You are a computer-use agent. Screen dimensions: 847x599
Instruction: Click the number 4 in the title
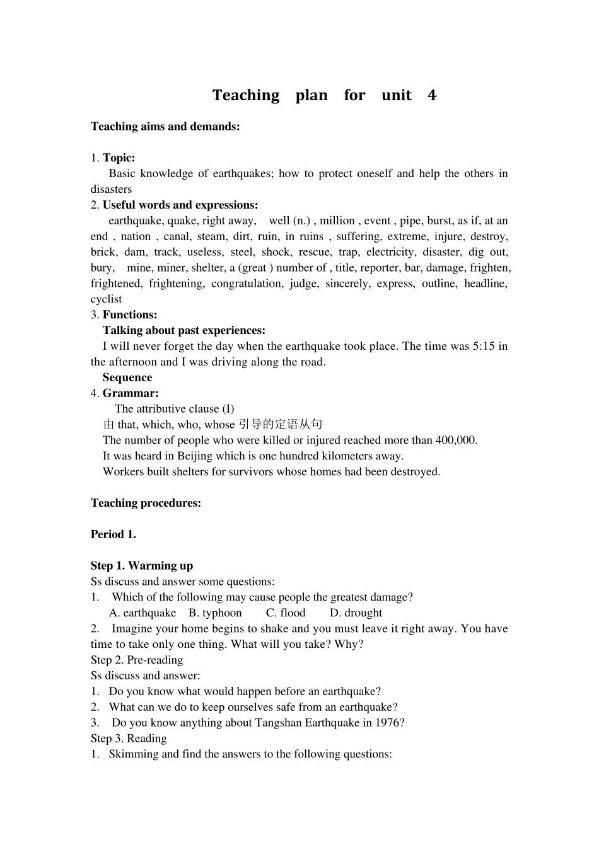coord(431,95)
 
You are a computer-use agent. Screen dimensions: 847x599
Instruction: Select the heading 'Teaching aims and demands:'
coord(165,126)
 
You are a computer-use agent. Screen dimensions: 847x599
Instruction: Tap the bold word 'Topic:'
coord(119,158)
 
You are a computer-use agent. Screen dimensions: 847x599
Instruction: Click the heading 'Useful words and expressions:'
coord(180,205)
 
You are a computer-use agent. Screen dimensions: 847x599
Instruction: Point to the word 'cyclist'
coord(107,299)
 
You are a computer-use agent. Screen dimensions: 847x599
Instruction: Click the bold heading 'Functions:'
coord(130,314)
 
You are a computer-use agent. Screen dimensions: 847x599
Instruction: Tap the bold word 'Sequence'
coord(127,377)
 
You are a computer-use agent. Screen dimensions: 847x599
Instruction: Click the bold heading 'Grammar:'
coord(131,393)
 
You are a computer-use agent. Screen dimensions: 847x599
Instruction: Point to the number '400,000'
coord(456,440)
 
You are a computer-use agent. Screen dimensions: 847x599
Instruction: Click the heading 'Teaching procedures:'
coord(146,503)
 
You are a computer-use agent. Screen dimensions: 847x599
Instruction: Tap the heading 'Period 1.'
coord(113,534)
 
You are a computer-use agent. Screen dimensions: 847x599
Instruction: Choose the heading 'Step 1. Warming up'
coord(142,565)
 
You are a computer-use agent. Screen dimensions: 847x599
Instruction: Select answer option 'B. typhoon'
coord(215,613)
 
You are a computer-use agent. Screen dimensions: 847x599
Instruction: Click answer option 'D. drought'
coord(356,613)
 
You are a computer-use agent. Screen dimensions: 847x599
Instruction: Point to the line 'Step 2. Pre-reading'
coord(137,660)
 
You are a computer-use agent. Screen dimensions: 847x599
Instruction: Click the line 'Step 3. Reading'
coord(129,738)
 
